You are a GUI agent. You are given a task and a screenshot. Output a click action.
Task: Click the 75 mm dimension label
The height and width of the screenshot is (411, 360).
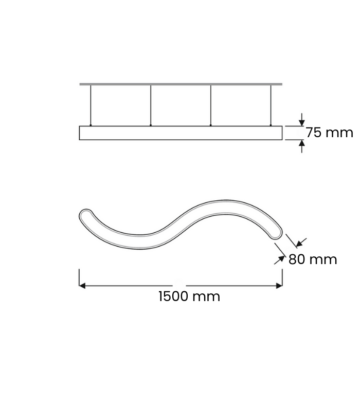click(330, 133)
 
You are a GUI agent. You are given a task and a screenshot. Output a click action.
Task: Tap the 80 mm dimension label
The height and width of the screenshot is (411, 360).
click(313, 259)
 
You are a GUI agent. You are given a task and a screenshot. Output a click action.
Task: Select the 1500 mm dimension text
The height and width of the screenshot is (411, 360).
click(189, 296)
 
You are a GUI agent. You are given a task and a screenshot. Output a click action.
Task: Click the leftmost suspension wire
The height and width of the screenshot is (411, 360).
click(91, 105)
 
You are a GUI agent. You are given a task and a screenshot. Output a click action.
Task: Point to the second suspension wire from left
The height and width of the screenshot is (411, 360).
click(151, 105)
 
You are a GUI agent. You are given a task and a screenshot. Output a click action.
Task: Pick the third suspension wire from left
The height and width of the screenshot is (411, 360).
click(211, 105)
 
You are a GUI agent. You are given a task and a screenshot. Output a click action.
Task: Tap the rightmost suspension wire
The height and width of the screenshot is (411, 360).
click(271, 105)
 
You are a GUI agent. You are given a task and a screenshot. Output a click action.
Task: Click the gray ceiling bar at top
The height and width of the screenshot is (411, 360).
click(181, 84)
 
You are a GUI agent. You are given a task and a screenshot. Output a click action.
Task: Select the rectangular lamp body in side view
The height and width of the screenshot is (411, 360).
click(181, 133)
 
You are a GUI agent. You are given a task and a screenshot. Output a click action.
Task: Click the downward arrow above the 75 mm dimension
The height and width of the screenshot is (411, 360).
click(302, 120)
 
